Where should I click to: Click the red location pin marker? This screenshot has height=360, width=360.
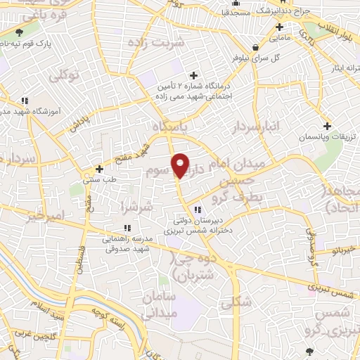click(x=181, y=165)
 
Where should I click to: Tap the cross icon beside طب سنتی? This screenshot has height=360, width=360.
click(x=100, y=169)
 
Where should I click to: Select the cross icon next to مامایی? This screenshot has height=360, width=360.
click(x=279, y=27)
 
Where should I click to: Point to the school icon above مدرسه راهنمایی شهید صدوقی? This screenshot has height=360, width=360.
click(x=127, y=227)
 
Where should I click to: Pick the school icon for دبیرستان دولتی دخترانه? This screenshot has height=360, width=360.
click(x=199, y=208)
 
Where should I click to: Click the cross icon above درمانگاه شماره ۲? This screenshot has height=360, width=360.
click(x=193, y=75)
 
